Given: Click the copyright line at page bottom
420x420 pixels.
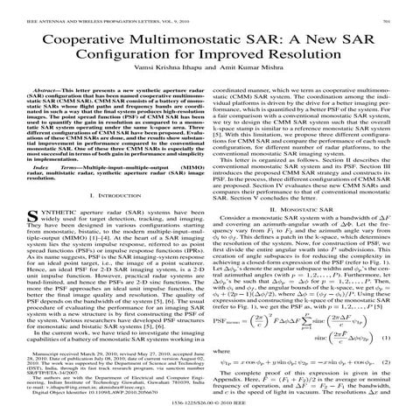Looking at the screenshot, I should click(x=210, y=416).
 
